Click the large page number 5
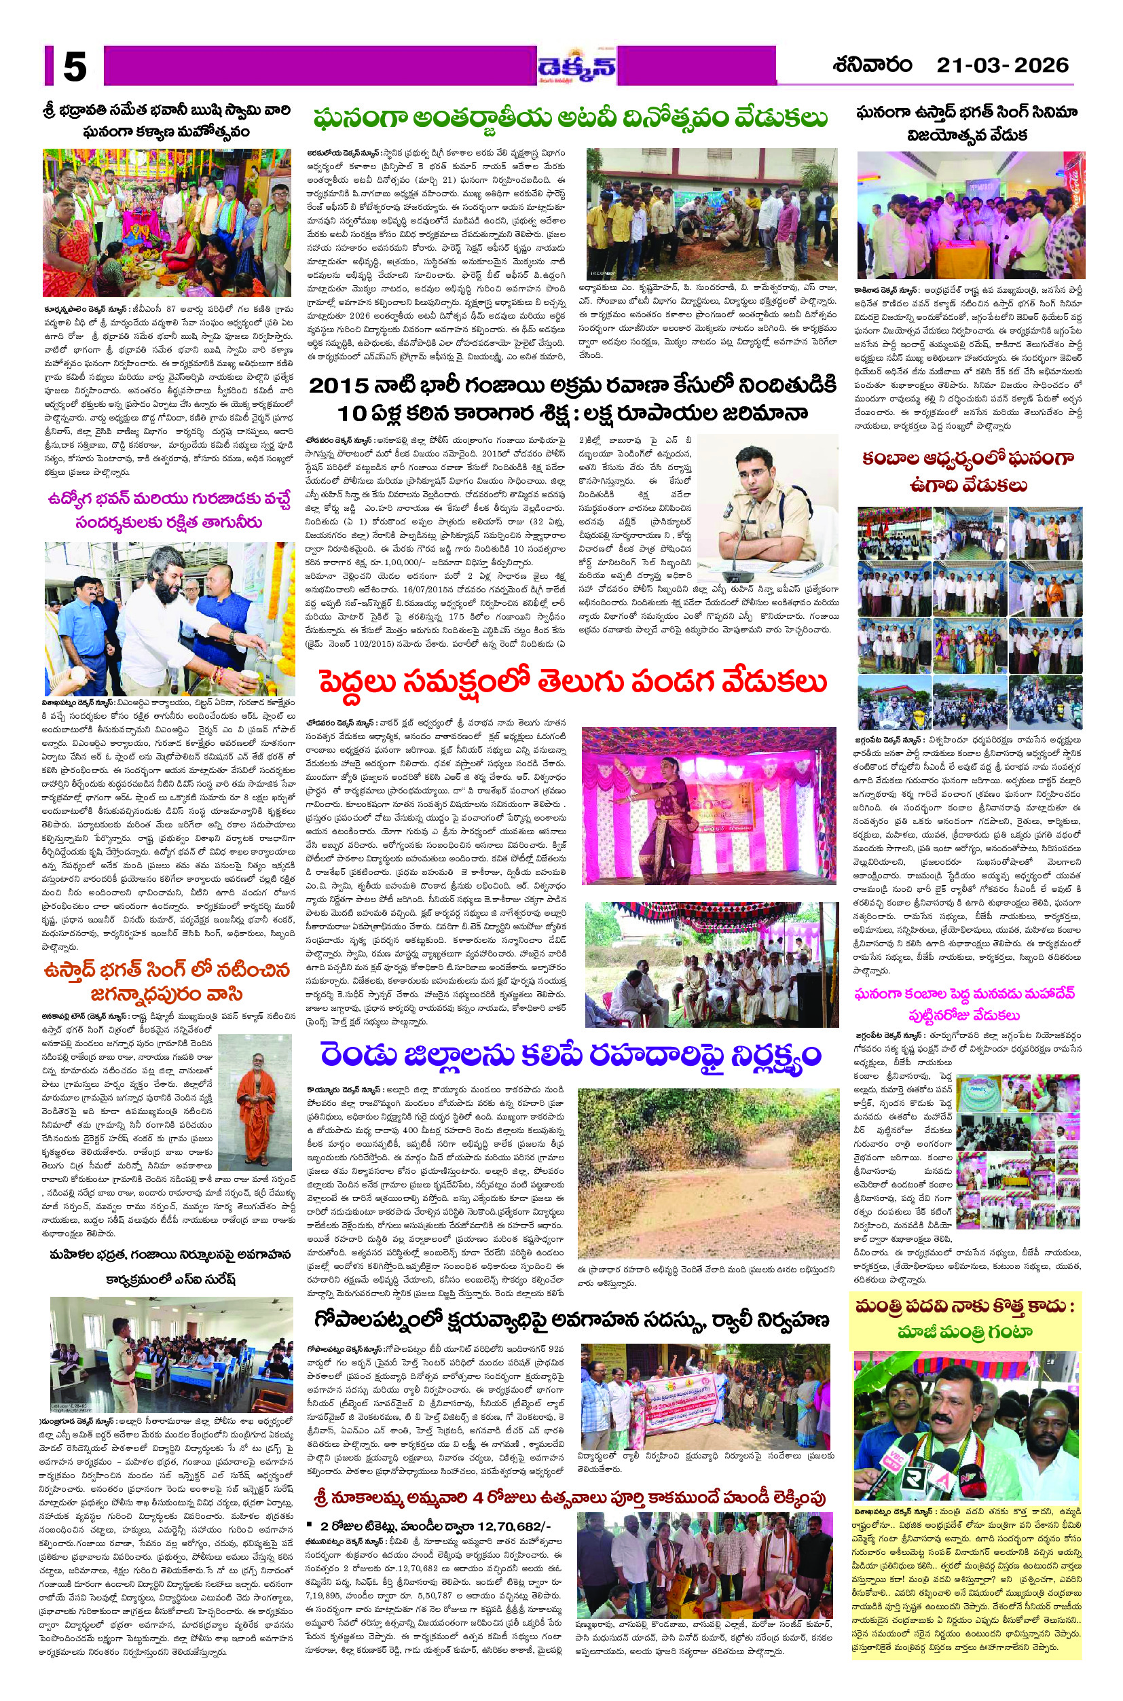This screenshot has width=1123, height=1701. point(75,67)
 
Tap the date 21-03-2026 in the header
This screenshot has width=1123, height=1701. point(1002,66)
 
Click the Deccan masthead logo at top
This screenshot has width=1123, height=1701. point(576,67)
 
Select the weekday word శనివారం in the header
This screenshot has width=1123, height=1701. point(872,66)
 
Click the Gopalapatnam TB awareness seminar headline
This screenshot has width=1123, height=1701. point(572,1319)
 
